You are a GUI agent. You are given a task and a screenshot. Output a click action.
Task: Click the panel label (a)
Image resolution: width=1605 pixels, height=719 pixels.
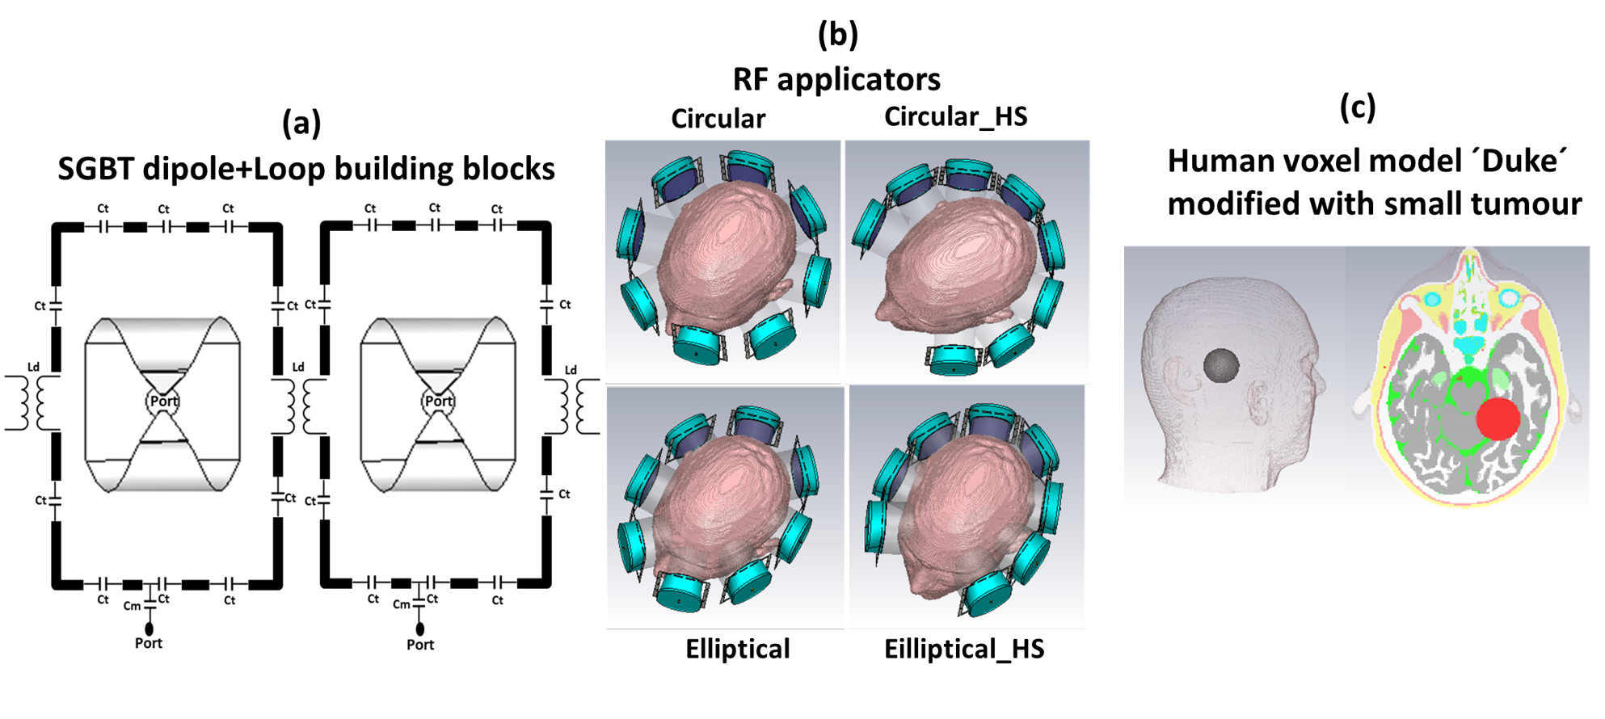301,123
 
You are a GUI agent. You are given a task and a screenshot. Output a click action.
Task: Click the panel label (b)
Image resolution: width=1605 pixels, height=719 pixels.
837,34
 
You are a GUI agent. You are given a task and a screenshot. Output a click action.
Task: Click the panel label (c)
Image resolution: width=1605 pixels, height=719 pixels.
1357,107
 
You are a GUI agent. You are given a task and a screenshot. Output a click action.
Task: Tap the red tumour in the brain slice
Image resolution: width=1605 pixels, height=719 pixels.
1498,418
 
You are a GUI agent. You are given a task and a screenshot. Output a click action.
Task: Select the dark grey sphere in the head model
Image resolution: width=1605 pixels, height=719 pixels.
1221,365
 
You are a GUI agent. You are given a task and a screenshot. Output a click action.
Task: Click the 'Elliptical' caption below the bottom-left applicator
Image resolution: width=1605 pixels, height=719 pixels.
737,649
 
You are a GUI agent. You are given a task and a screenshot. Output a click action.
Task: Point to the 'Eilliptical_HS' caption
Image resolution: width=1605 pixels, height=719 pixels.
963,649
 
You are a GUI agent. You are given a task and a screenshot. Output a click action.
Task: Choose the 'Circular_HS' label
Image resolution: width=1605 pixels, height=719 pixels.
955,116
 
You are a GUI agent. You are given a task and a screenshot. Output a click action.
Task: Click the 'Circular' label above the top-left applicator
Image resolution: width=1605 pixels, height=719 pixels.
718,119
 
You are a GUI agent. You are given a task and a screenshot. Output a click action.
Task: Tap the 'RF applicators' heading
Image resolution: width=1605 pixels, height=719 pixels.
836,79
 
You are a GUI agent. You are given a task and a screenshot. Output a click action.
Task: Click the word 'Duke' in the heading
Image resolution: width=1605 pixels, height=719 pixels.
1521,162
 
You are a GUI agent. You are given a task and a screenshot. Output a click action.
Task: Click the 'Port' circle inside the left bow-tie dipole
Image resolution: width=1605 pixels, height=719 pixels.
163,402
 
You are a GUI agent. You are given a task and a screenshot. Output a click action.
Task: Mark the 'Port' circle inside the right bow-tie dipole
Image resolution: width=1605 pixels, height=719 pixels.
439,402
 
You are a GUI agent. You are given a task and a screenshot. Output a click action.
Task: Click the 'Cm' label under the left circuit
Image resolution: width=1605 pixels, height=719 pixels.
132,606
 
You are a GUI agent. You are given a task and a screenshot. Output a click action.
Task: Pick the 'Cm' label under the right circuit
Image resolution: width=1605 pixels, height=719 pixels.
401,604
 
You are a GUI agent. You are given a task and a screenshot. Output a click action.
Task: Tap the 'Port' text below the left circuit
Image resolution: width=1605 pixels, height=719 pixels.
149,643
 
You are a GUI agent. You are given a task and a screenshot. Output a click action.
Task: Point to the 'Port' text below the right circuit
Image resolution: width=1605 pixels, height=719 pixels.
420,645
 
